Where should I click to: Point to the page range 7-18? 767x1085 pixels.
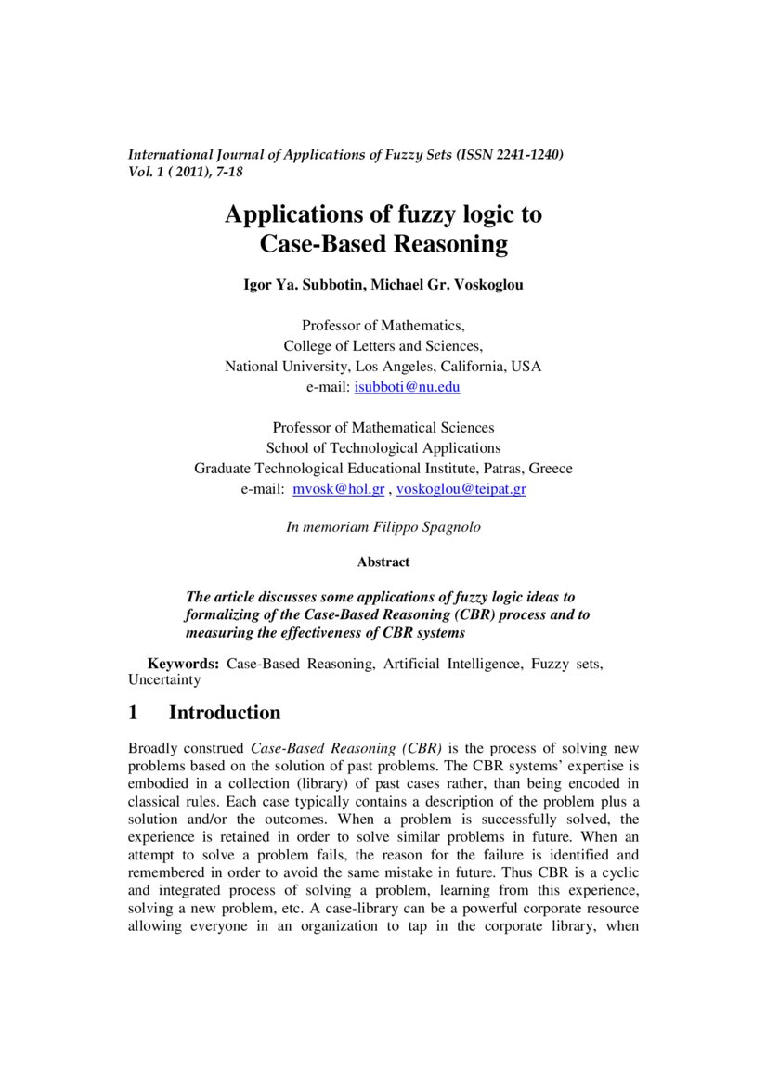[229, 172]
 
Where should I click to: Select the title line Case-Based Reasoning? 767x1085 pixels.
[383, 245]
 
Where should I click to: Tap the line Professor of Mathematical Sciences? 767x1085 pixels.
[383, 428]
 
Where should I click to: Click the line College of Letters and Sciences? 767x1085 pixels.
[383, 346]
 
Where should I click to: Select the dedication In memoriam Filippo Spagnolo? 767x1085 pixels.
[383, 527]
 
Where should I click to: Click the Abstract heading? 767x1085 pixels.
[383, 562]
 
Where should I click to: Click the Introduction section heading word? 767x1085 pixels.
[224, 714]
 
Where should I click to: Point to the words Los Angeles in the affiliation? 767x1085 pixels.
[383, 367]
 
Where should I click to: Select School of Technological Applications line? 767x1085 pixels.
[383, 448]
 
